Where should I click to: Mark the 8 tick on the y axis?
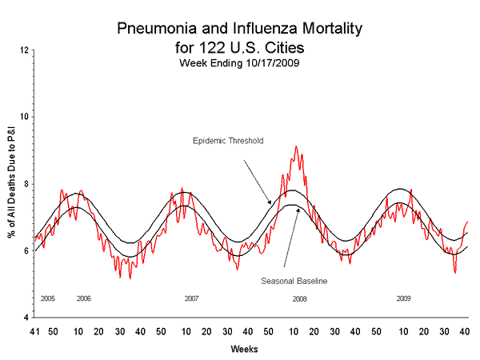pyautogui.click(x=26, y=184)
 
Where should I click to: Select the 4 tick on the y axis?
pyautogui.click(x=26, y=318)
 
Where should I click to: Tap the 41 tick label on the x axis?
pyautogui.click(x=34, y=331)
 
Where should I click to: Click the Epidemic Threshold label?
pyautogui.click(x=228, y=141)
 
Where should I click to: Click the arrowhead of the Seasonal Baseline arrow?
pyautogui.click(x=299, y=209)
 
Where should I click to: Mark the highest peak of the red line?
pyautogui.click(x=296, y=146)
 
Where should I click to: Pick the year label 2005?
pyautogui.click(x=47, y=298)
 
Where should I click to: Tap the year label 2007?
pyautogui.click(x=191, y=298)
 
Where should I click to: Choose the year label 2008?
pyautogui.click(x=299, y=298)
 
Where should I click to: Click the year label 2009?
pyautogui.click(x=404, y=298)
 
